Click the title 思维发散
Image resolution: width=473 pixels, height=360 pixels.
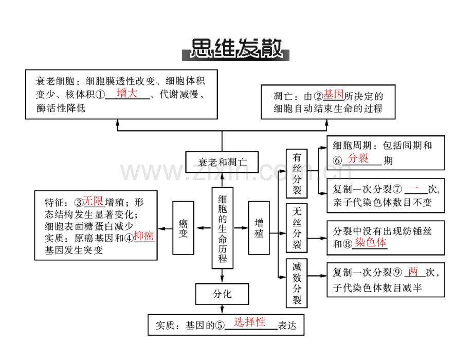pos(235,48)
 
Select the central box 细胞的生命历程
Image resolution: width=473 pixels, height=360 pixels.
pos(222,228)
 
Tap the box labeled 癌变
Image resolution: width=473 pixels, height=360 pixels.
pos(183,228)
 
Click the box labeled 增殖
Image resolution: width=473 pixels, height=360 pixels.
pos(259,228)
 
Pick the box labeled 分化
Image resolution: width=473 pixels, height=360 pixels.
pos(222,294)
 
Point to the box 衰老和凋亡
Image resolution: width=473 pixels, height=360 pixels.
pos(222,162)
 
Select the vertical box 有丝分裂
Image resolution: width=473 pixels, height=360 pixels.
pos(297,173)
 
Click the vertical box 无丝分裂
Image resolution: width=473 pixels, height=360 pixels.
pos(297,228)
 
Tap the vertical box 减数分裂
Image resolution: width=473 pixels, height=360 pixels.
pos(297,283)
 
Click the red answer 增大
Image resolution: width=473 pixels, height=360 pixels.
pos(127,93)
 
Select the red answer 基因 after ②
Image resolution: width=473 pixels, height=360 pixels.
pos(333,95)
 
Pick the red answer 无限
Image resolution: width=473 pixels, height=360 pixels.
pos(93,201)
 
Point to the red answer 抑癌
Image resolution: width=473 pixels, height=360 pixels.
pos(144,236)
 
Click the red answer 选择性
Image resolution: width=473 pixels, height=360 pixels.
pos(250,322)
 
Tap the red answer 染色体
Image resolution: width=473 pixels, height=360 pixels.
pos(371,242)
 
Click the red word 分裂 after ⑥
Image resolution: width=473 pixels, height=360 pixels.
pos(358,158)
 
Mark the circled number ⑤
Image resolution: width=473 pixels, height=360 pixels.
pos(220,326)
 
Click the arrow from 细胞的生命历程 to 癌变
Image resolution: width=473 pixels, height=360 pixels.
pos(204,228)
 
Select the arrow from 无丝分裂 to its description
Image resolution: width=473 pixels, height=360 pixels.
pos(317,238)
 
